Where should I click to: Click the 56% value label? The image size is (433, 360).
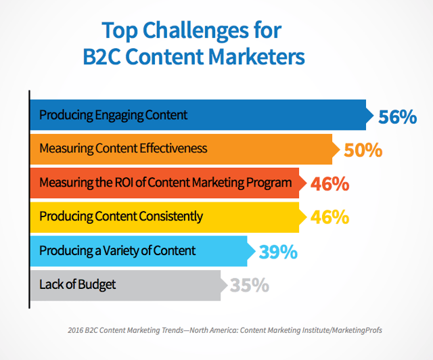click(x=397, y=117)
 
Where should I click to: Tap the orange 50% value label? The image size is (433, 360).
click(x=363, y=150)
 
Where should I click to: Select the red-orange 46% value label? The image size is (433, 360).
click(x=329, y=184)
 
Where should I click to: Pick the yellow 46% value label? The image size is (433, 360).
click(x=329, y=217)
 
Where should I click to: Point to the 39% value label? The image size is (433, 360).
click(x=278, y=252)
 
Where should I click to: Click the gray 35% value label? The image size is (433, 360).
click(x=250, y=285)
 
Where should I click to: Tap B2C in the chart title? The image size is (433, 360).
click(x=102, y=57)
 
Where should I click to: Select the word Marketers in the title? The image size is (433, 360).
click(x=256, y=57)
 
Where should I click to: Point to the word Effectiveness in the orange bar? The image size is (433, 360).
click(x=173, y=148)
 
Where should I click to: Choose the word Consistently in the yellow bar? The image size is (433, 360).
click(x=171, y=217)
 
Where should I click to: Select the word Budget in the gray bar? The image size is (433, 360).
click(x=96, y=285)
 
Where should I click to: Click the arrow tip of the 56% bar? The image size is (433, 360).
click(x=373, y=115)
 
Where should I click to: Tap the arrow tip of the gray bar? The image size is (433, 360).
click(x=227, y=286)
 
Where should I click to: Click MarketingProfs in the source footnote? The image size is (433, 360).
click(x=357, y=330)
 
